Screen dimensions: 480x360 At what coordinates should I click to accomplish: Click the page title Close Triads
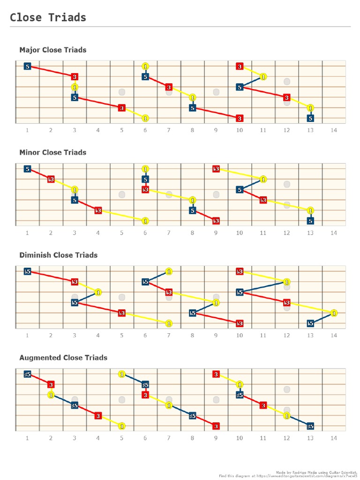48,18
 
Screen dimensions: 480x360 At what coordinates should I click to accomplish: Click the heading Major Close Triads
52,50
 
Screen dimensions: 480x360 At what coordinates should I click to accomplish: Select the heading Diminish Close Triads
58,255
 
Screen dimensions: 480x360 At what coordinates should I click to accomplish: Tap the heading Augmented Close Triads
63,358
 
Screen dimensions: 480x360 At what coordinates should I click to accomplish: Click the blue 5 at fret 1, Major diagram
28,67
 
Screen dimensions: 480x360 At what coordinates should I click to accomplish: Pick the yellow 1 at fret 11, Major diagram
263,76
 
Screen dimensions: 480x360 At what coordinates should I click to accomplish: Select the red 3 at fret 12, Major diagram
286,97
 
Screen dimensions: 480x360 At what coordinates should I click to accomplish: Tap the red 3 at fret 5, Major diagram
122,108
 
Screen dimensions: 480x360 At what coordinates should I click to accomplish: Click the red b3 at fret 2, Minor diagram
51,179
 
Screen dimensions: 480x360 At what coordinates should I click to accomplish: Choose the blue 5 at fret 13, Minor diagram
310,221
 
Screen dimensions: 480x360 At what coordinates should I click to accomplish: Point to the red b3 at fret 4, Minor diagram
98,210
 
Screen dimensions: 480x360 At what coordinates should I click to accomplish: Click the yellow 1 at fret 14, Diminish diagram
333,313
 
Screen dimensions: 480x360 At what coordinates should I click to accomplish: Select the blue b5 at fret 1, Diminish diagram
28,271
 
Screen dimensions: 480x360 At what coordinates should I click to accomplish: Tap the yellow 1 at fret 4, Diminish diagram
98,292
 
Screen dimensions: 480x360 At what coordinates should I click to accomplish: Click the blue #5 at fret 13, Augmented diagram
310,426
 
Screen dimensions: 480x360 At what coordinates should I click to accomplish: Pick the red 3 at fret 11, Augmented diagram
263,405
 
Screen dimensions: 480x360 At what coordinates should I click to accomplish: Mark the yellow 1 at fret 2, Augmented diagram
51,395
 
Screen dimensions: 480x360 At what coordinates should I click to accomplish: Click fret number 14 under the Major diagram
333,130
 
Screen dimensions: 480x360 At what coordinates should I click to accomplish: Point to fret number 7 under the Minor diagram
169,232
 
